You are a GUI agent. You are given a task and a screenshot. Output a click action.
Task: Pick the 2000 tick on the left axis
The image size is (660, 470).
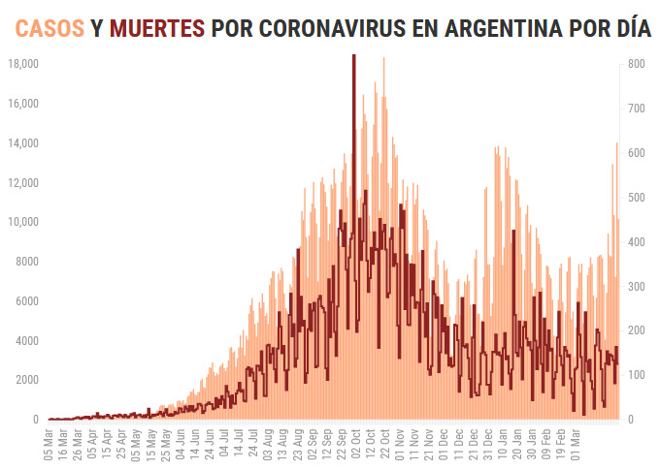[x=25, y=380]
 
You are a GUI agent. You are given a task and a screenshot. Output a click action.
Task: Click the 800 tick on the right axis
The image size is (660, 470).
[x=637, y=64]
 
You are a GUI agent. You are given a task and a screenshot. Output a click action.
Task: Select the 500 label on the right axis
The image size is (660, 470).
[x=637, y=198]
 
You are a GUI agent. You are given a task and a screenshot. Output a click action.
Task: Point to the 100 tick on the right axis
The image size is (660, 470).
[x=637, y=375]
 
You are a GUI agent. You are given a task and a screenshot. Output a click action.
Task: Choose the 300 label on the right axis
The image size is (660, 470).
[x=637, y=287]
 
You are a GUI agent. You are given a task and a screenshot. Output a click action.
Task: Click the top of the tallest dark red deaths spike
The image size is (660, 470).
[x=353, y=56]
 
